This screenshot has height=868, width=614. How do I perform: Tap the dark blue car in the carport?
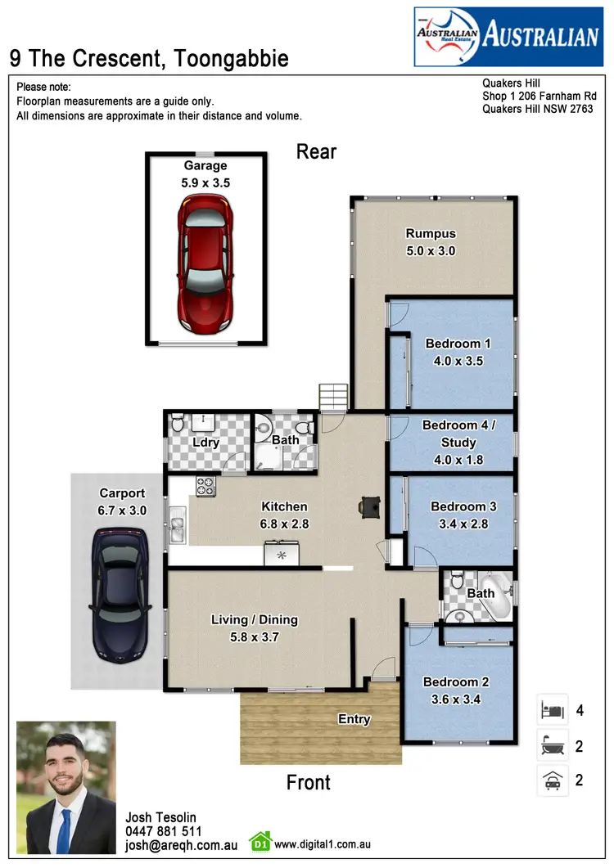[120, 594]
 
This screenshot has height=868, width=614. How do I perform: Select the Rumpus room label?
[430, 234]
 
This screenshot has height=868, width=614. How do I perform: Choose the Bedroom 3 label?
[463, 506]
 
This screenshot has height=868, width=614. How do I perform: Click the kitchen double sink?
[177, 525]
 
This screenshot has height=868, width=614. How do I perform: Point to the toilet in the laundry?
[177, 425]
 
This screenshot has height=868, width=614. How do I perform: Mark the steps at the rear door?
[333, 398]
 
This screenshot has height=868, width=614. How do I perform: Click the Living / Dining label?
[254, 620]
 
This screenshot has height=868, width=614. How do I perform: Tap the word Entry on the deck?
[354, 719]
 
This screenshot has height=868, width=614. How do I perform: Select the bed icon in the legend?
[551, 709]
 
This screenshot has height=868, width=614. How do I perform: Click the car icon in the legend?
[551, 780]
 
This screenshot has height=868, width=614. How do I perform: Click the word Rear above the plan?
[316, 151]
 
